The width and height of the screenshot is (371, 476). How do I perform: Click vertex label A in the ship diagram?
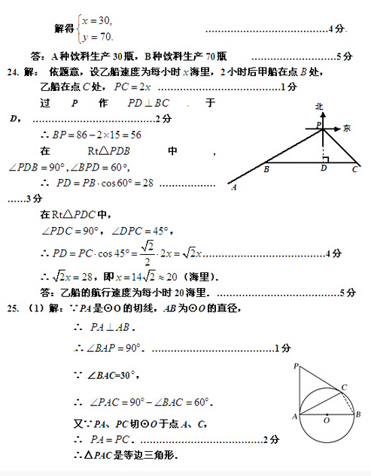(235, 188)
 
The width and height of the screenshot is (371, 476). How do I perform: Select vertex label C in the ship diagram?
(354, 170)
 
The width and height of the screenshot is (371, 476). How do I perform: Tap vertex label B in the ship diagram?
(266, 170)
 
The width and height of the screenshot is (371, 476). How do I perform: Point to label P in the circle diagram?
(296, 366)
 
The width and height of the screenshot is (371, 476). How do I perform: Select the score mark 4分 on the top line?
(336, 29)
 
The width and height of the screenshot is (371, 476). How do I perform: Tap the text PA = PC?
(106, 440)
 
